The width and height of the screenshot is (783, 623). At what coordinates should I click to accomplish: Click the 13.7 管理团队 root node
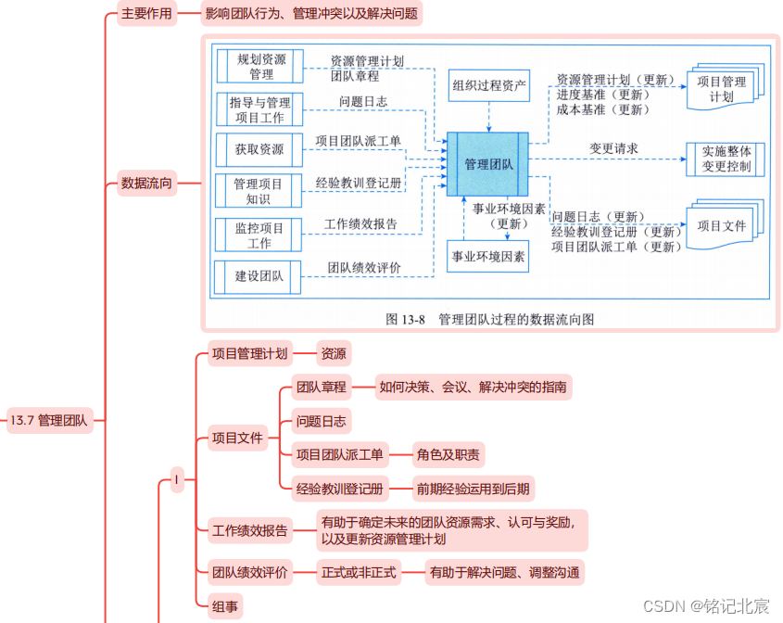tap(50, 420)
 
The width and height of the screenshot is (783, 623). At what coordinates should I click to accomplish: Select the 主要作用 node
tap(146, 15)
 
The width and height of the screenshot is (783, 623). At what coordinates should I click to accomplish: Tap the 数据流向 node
tap(146, 183)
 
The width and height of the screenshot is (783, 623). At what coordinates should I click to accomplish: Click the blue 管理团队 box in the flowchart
tap(488, 164)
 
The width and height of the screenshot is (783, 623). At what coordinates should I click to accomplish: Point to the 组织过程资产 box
tap(489, 88)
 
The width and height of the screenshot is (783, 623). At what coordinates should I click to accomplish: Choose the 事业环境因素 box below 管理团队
tap(487, 256)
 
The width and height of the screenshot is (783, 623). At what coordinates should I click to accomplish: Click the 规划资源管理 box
tap(259, 66)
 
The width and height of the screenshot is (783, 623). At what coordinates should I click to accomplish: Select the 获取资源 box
tap(259, 148)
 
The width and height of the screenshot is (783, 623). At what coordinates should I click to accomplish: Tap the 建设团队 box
tap(259, 275)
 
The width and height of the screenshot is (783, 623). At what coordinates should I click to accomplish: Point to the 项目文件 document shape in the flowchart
tap(723, 226)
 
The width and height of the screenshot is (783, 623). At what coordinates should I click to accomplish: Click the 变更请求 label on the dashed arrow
tap(613, 148)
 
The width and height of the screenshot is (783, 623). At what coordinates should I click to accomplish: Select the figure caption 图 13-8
tap(489, 319)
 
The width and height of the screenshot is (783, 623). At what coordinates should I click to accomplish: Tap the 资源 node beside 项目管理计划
tap(334, 353)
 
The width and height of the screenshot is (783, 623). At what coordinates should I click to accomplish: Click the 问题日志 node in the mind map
tap(321, 421)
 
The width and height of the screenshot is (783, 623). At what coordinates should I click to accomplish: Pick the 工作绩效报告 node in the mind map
tap(250, 531)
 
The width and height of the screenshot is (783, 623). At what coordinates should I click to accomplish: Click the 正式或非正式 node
tap(359, 572)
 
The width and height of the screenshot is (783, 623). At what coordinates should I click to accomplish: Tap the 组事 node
tap(225, 606)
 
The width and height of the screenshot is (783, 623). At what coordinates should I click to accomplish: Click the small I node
tap(177, 480)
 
